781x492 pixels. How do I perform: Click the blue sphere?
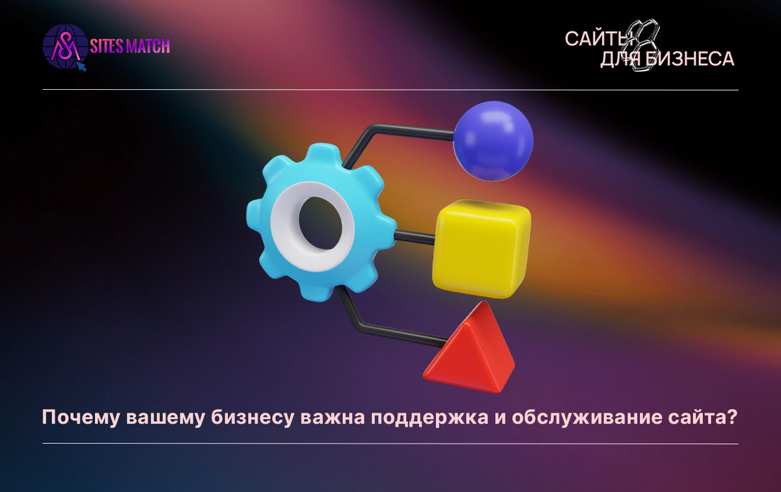tap(493, 141)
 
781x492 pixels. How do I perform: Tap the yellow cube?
tap(482, 249)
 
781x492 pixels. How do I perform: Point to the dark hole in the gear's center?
tap(320, 223)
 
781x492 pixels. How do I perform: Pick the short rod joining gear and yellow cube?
tap(414, 238)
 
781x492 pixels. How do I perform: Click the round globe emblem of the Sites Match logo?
tap(65, 46)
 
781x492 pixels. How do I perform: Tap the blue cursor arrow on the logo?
tap(81, 66)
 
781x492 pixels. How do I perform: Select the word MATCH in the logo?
tap(148, 46)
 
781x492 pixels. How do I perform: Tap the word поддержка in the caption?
tap(429, 418)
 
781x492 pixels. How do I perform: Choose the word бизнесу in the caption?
tap(251, 418)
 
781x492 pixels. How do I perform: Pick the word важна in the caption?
tap(331, 417)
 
